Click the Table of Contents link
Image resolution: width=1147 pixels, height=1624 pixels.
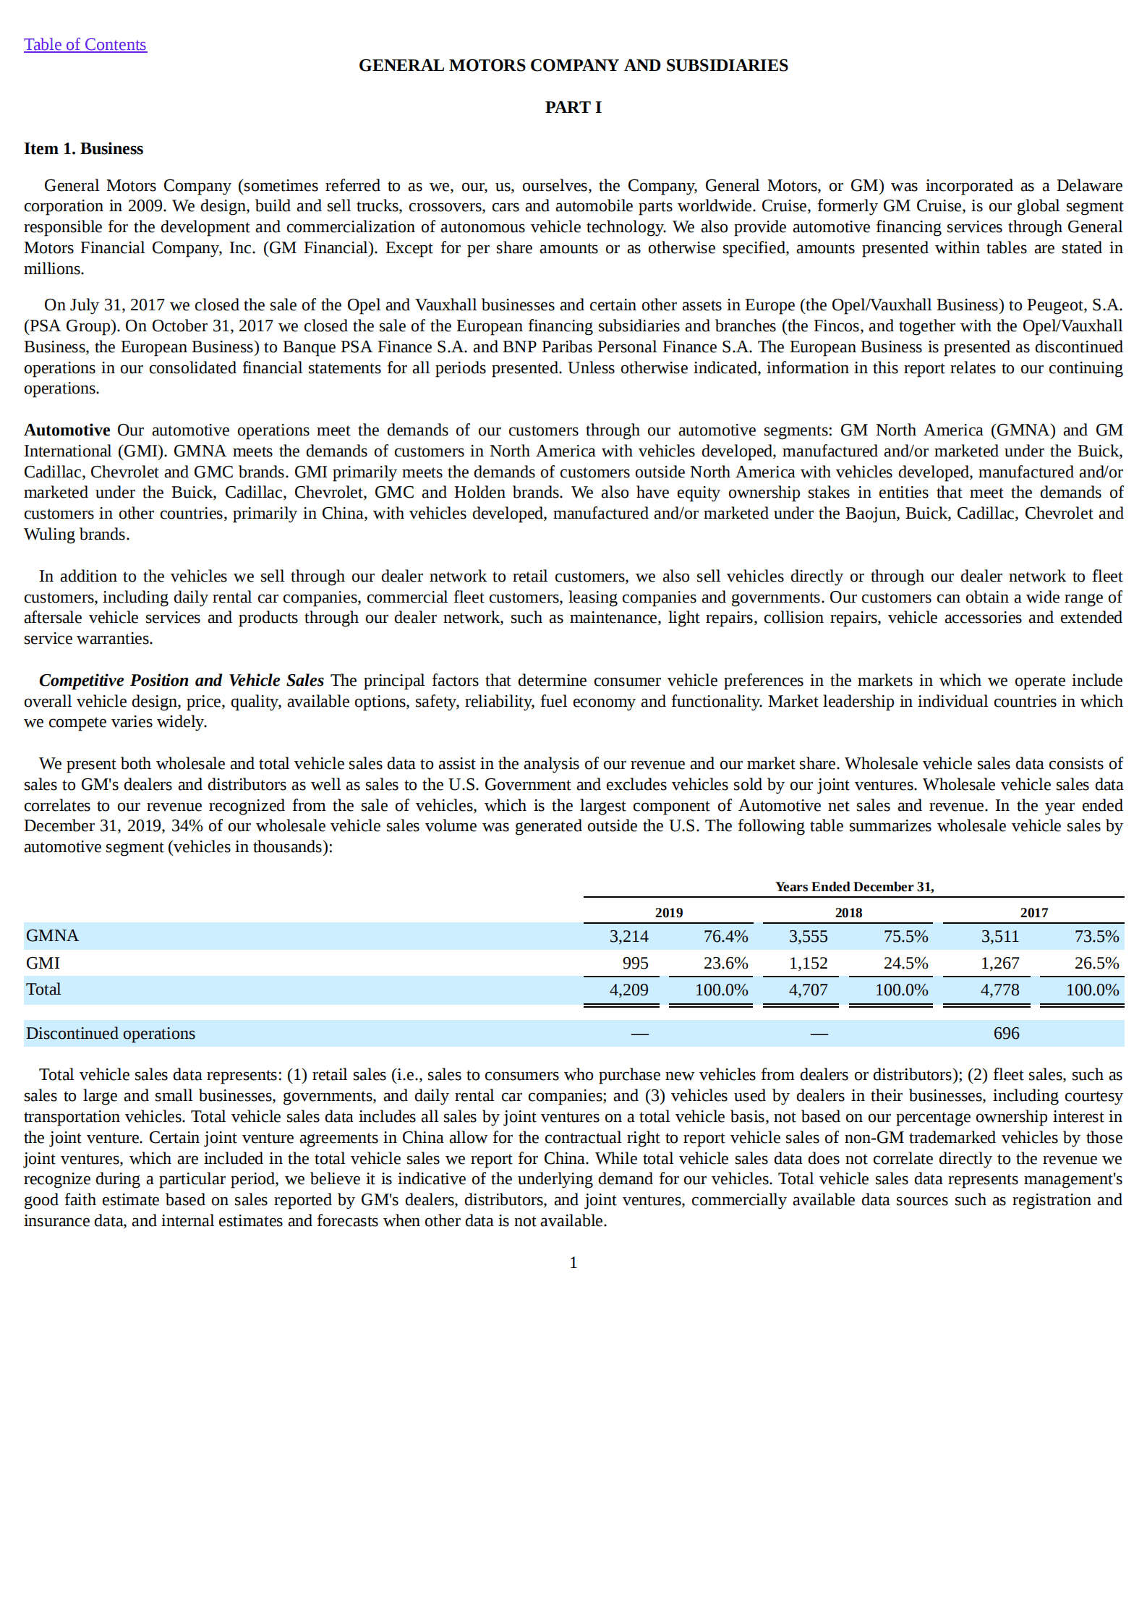pos(85,45)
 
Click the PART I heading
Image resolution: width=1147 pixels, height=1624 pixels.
pos(573,107)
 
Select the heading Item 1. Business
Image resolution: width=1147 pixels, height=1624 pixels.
pos(83,149)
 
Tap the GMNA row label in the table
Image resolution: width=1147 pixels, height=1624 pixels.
pos(52,935)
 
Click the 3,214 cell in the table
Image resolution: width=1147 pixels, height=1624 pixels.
pos(628,936)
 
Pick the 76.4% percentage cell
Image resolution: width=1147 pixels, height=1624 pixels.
pos(725,936)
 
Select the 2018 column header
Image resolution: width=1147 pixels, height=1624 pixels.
pos(848,912)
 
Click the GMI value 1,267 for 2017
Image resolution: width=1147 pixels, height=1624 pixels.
pos(999,963)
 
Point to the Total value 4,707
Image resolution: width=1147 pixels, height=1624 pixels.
pos(808,990)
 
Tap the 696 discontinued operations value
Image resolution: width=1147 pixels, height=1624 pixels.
pos(1006,1033)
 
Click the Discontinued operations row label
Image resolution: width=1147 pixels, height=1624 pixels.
pos(111,1033)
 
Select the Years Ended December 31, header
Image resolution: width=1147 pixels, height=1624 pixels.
pos(854,886)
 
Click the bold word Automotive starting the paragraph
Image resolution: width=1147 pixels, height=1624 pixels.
pos(67,430)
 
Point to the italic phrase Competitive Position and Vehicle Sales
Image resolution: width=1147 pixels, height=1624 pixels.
pos(181,680)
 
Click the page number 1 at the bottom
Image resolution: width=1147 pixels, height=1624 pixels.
pos(573,1262)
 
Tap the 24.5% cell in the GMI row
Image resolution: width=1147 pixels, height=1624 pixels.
pos(905,963)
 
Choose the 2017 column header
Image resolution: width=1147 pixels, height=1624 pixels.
pos(1033,912)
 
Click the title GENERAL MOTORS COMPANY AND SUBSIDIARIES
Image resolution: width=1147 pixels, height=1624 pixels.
pos(573,65)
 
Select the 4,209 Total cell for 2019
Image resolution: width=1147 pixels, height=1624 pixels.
pos(628,990)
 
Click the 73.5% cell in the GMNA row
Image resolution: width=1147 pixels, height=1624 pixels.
pos(1096,936)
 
